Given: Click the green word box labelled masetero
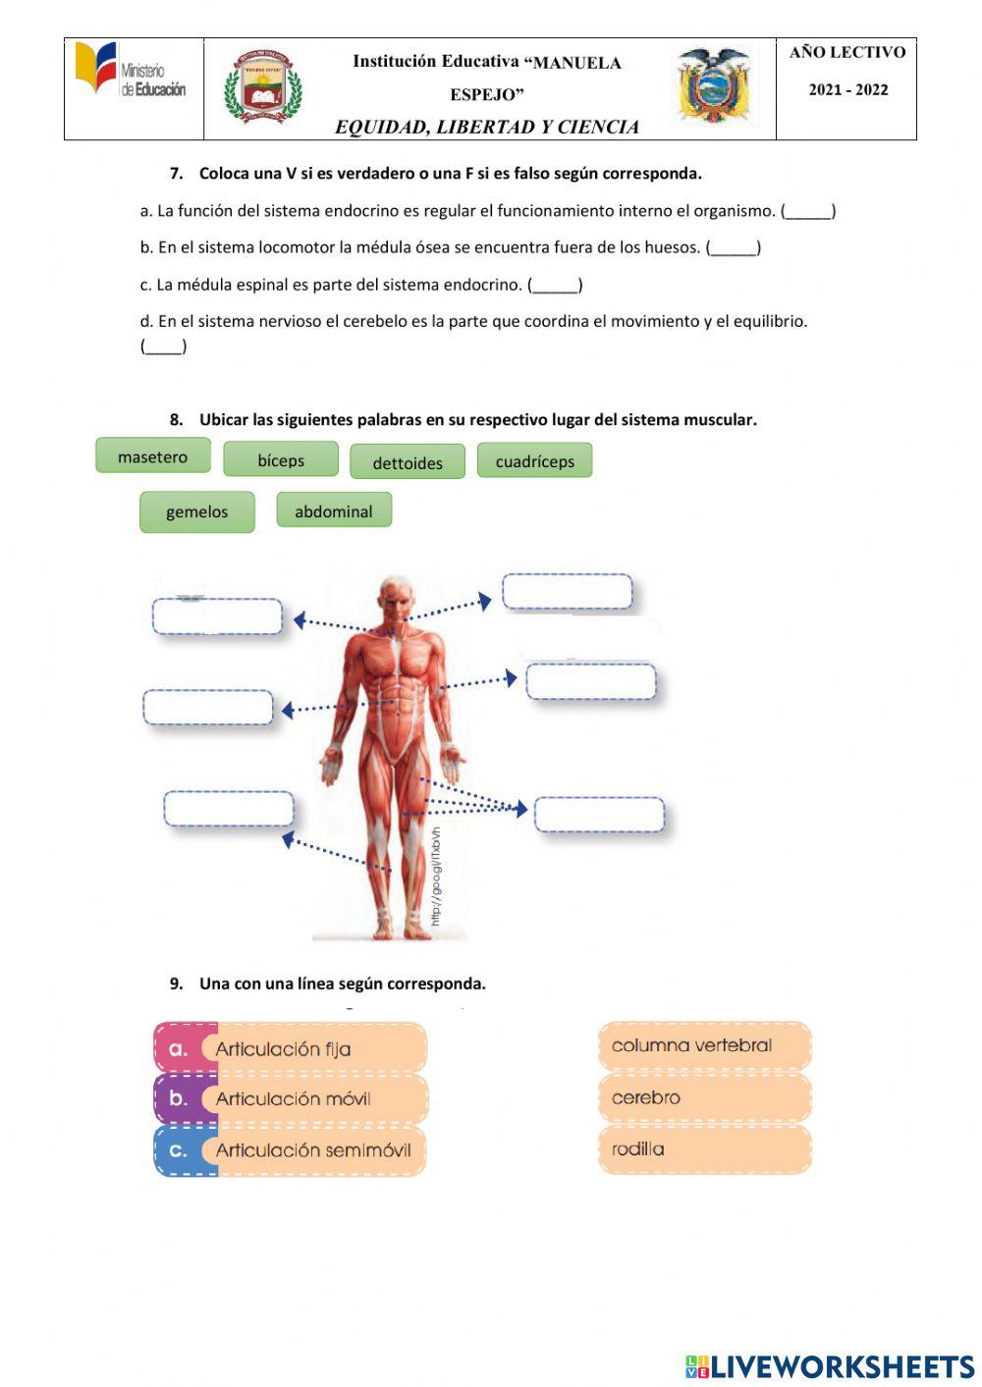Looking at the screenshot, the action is click(x=152, y=456).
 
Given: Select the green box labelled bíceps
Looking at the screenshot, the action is click(x=281, y=459).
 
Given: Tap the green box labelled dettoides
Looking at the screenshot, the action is click(x=408, y=462).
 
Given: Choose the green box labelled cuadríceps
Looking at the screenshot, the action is click(x=534, y=460).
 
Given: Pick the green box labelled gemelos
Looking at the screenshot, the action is click(x=196, y=511).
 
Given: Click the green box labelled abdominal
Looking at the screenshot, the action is click(x=334, y=510).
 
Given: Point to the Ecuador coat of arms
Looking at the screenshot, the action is click(x=714, y=86).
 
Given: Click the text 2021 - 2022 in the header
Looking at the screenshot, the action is click(x=848, y=90).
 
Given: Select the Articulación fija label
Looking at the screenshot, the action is click(x=291, y=1048).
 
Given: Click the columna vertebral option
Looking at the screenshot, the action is click(x=704, y=1045).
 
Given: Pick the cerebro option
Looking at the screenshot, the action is click(x=704, y=1097).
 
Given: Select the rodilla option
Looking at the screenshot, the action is click(x=704, y=1148).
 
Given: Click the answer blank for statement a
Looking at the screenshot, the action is click(x=808, y=211).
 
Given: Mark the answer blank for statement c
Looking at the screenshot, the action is click(x=555, y=286).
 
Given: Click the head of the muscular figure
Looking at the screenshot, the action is click(x=397, y=597).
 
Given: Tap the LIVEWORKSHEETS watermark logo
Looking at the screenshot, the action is click(x=830, y=1366).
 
